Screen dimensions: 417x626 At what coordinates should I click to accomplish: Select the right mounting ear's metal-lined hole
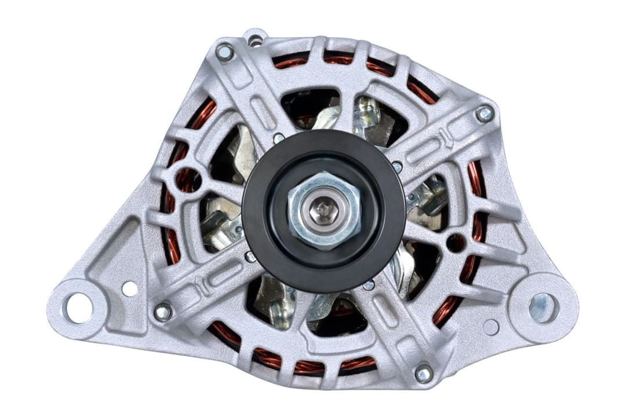543,307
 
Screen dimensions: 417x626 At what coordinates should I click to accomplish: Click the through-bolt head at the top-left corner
224,53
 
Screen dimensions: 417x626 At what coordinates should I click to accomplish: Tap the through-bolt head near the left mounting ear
163,312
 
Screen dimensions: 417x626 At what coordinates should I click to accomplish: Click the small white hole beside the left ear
130,288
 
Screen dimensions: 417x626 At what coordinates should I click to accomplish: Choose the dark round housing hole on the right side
455,242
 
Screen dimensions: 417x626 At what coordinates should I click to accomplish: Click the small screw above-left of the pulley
279,138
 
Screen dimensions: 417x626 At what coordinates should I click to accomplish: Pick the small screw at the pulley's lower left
250,256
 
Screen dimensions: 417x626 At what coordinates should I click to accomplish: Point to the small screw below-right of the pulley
368,284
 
